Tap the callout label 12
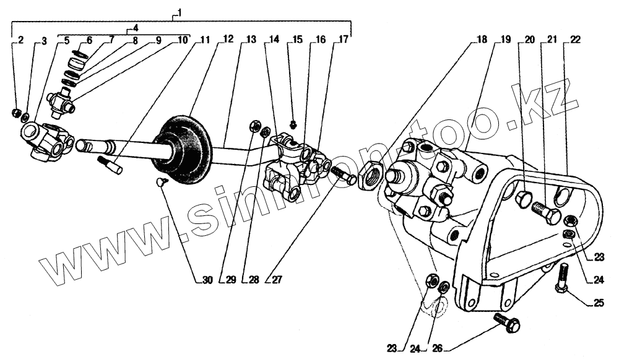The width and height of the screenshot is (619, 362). pos(228,40)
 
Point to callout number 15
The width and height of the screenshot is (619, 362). pos(297,40)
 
